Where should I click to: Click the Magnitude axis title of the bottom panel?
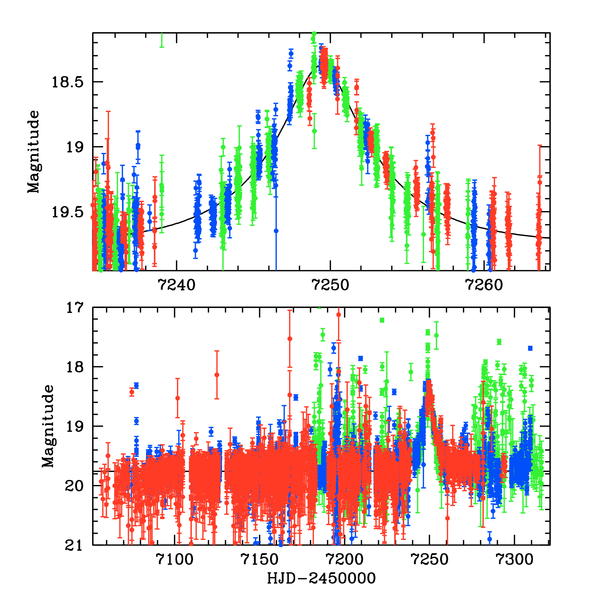tap(47, 426)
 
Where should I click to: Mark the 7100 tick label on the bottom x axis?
tap(175, 560)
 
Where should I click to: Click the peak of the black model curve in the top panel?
tap(322, 65)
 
